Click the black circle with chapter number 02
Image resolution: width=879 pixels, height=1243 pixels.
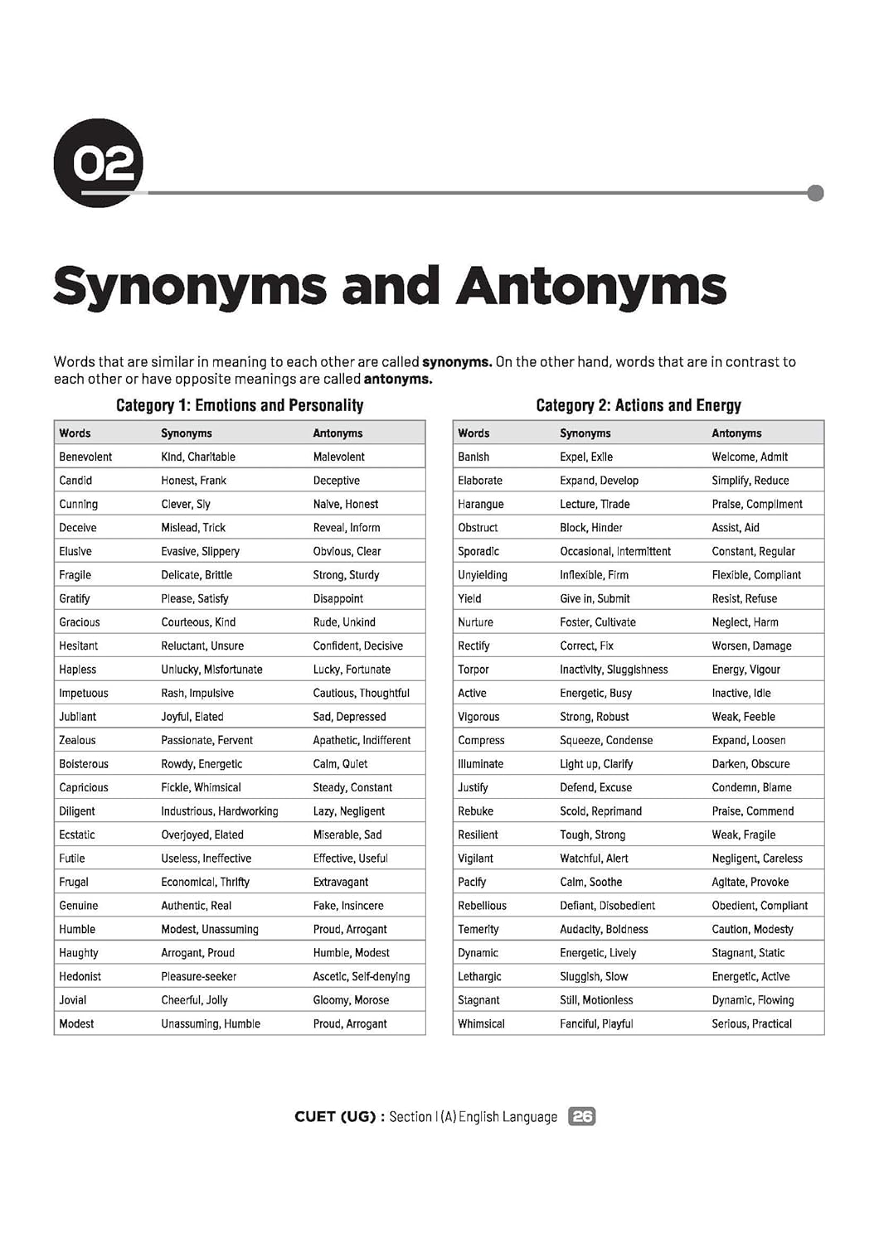(x=99, y=162)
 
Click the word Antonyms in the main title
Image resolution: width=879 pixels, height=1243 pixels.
(x=590, y=287)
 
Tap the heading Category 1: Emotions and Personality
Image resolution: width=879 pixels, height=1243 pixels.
(x=240, y=405)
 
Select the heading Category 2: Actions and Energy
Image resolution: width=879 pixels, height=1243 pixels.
(x=639, y=405)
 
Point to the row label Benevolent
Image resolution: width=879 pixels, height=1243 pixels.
(x=85, y=457)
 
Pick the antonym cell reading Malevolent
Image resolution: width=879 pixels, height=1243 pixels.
(x=339, y=457)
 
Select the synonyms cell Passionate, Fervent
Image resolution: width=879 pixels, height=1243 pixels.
(x=206, y=740)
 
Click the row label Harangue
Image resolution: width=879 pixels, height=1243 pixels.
(x=481, y=504)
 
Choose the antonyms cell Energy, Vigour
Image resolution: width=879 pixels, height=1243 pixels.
(x=746, y=670)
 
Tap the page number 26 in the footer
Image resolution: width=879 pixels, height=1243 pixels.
(x=582, y=1116)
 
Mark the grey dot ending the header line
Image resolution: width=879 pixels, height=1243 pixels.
(x=815, y=193)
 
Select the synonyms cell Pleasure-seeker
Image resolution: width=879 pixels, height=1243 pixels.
(x=199, y=976)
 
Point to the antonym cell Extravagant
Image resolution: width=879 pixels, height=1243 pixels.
(x=341, y=882)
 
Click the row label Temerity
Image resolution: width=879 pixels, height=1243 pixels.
(x=478, y=929)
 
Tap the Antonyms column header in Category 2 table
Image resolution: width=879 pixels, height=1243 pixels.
(x=736, y=433)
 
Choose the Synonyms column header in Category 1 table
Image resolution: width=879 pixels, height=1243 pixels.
(x=187, y=433)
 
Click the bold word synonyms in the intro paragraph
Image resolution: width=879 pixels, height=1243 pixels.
(x=456, y=361)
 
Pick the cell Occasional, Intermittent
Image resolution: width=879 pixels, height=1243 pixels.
(x=615, y=551)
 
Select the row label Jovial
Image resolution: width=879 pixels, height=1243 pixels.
(x=73, y=1000)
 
